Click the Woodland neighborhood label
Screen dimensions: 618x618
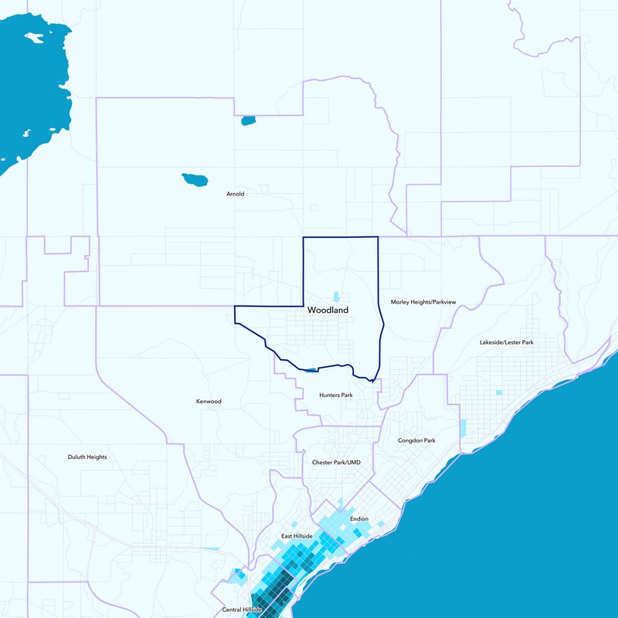click(x=328, y=310)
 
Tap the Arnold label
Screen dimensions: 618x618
click(x=236, y=194)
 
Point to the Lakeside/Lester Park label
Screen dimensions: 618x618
click(x=507, y=341)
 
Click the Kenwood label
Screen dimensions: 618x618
click(x=209, y=402)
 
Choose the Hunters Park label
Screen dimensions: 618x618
click(x=336, y=395)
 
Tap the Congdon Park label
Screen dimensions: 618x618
click(x=417, y=440)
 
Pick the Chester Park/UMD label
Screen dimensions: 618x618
click(x=336, y=462)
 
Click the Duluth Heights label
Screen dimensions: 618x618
click(x=87, y=457)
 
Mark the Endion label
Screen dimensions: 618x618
click(x=359, y=519)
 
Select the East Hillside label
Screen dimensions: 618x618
click(x=297, y=536)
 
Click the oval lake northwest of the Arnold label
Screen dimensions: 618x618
click(x=195, y=181)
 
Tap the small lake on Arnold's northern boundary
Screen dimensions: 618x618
click(x=248, y=121)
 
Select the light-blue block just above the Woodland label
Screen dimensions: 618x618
click(x=336, y=296)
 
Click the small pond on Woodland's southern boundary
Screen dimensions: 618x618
click(x=310, y=370)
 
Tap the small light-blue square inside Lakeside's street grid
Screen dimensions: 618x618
click(x=498, y=392)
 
